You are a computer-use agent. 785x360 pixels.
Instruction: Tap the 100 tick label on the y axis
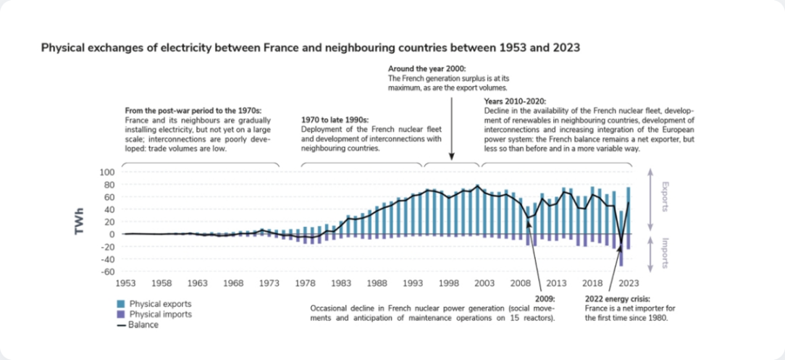pos(106,172)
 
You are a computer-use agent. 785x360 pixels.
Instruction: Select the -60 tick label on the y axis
pos(106,272)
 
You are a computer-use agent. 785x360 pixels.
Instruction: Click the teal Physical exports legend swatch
pos(122,304)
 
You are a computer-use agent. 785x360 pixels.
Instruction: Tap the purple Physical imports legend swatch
pos(122,314)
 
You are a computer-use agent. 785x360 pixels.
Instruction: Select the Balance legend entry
pos(142,325)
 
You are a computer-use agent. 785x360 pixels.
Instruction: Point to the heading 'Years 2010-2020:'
pos(514,101)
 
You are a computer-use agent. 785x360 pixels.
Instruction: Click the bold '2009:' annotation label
pos(544,297)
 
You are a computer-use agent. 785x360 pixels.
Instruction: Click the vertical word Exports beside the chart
pos(664,196)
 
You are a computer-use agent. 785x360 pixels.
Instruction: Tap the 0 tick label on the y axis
pos(111,234)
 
